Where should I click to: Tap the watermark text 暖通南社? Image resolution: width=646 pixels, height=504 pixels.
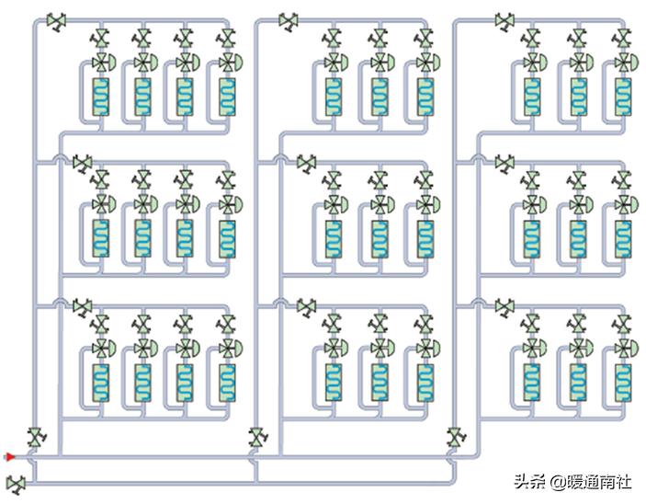click(x=600, y=481)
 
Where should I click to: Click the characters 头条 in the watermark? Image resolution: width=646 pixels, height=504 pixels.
click(x=527, y=481)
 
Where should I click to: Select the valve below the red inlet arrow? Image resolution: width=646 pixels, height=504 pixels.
click(x=16, y=482)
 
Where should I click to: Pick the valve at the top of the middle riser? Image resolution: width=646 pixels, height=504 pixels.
click(x=289, y=21)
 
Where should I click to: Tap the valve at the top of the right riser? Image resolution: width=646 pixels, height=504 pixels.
click(x=504, y=19)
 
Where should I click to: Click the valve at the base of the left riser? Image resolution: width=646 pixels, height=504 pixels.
click(x=36, y=437)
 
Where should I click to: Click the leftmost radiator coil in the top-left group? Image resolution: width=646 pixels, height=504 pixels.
click(x=101, y=96)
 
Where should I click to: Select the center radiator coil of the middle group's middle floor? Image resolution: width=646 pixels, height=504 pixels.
click(x=378, y=238)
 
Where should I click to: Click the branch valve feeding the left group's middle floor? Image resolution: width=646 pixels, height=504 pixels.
click(x=83, y=163)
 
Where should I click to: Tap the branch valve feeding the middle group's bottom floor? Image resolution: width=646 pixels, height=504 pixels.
click(x=305, y=306)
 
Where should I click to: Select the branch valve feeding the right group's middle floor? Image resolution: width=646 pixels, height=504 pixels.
click(x=504, y=163)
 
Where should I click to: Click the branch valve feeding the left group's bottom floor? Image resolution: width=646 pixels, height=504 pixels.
click(x=83, y=306)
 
